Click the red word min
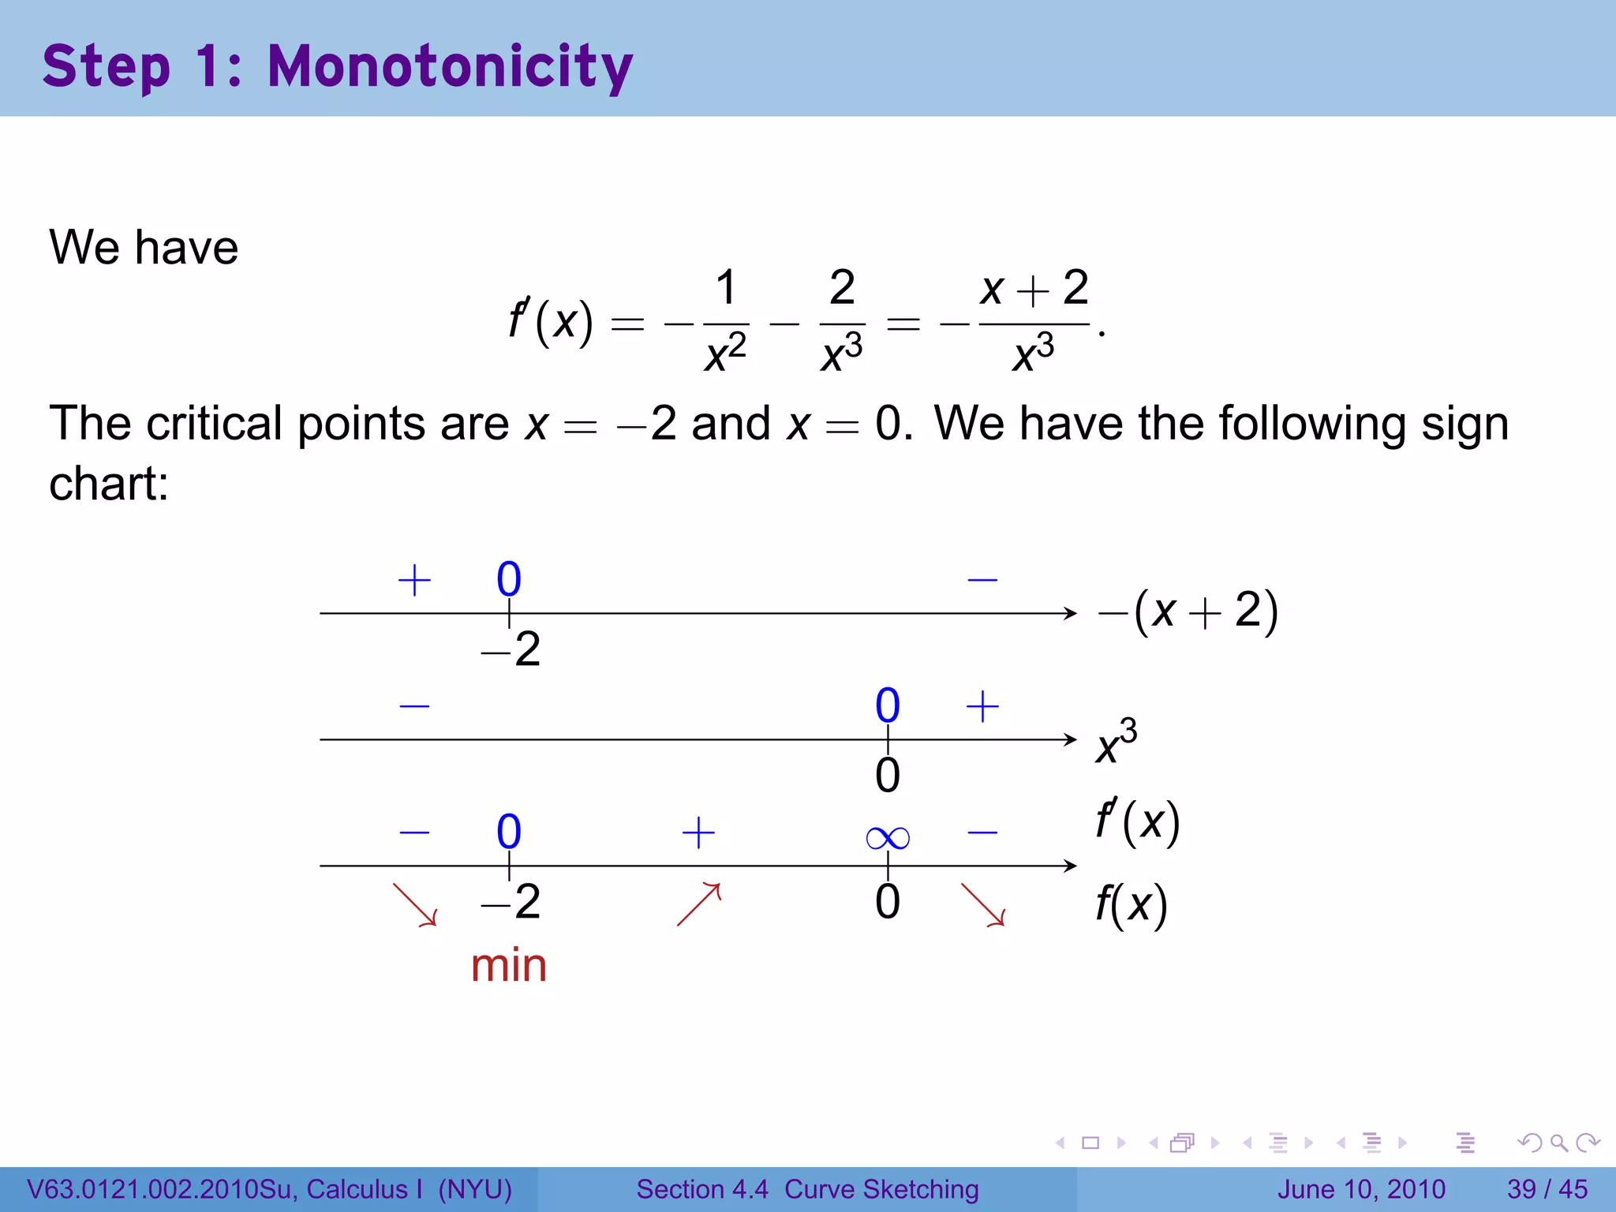[x=509, y=965]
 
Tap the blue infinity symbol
[x=888, y=837]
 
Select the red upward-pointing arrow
[x=699, y=904]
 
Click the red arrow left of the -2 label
[x=415, y=904]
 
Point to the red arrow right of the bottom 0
[x=982, y=904]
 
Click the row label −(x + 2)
[x=1188, y=612]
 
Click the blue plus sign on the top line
[x=414, y=581]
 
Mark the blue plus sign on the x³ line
[x=982, y=706]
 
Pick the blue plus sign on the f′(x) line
[x=698, y=832]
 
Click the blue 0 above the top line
[x=509, y=579]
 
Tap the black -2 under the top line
[x=511, y=650]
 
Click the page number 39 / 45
[x=1547, y=1189]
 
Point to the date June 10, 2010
[x=1361, y=1189]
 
